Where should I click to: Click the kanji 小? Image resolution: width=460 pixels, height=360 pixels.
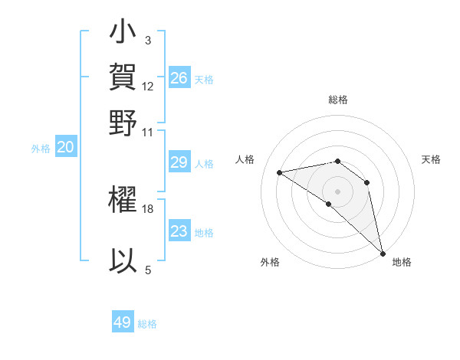123,34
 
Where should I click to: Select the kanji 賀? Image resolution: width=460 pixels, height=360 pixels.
123,77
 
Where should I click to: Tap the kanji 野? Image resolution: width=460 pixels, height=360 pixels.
123,123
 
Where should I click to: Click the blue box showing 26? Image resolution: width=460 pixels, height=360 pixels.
179,78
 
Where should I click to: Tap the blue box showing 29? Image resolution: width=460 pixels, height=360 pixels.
179,162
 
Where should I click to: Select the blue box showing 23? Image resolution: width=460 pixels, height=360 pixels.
179,231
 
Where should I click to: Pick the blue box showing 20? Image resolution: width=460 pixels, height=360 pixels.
66,148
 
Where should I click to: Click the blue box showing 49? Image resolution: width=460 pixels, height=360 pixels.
123,322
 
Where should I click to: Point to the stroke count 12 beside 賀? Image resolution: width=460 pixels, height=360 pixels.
148,86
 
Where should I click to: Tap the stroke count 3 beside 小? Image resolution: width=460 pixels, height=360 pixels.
148,40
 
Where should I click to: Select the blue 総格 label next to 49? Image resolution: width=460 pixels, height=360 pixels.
148,324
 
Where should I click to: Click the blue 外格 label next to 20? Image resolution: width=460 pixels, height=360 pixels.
41,149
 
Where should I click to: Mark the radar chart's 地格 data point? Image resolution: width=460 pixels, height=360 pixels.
382,253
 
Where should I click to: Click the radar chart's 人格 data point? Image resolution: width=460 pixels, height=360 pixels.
280,172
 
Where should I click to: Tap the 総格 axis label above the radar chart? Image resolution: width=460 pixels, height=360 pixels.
338,100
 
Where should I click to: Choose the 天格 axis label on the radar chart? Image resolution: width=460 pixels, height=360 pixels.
431,159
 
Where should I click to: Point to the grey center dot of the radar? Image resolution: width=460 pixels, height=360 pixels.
338,190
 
